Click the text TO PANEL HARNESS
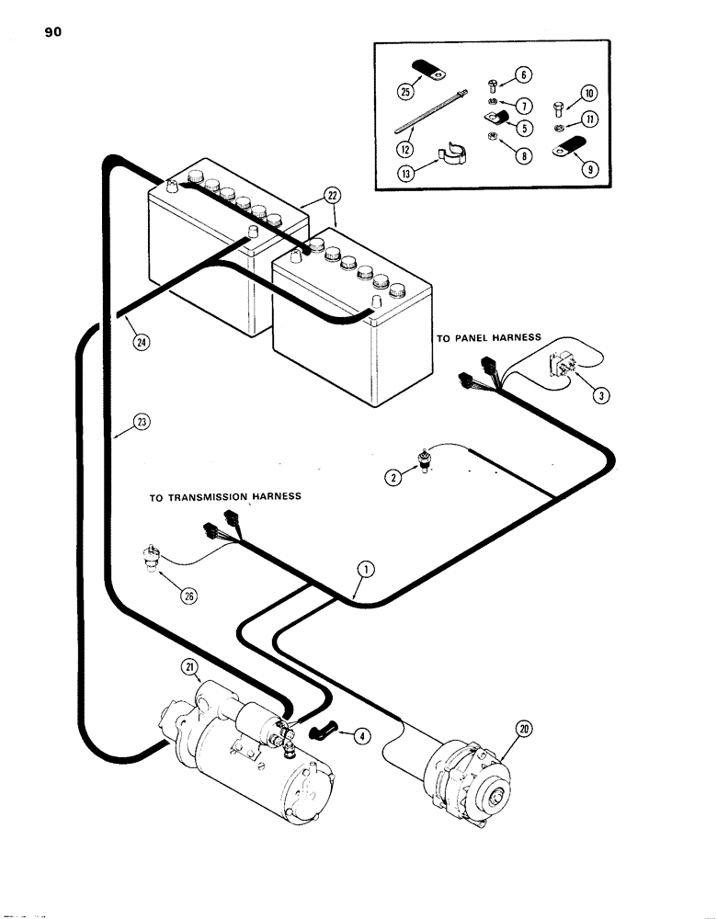(x=488, y=338)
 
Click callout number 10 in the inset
(x=589, y=94)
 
